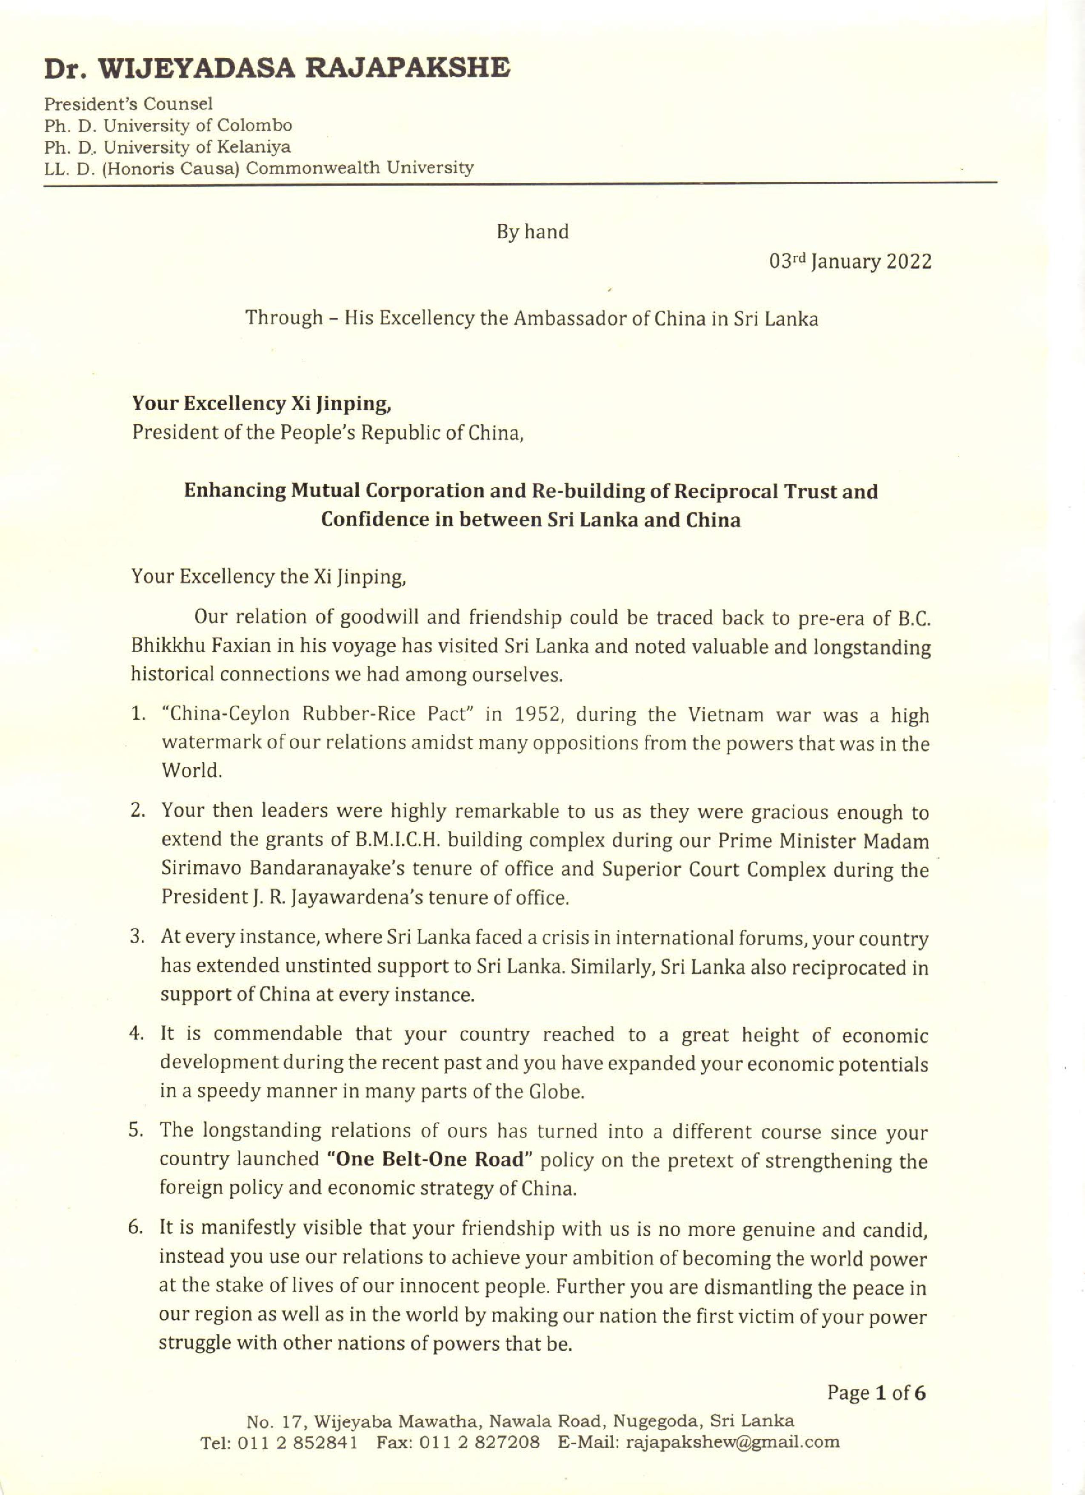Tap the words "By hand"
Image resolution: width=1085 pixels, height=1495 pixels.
[533, 232]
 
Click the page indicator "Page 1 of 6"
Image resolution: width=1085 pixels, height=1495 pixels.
[876, 1393]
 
